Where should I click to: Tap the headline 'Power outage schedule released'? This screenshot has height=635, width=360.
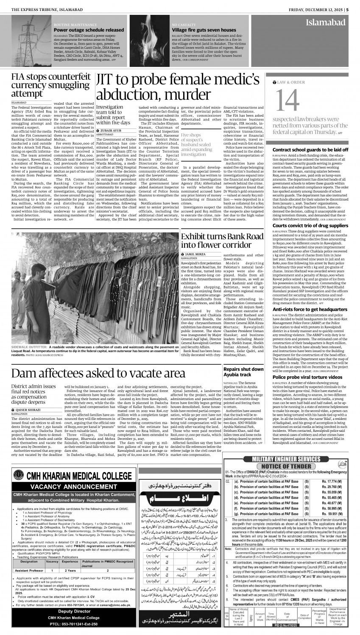[89, 31]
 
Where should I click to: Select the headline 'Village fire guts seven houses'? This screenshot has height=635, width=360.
[204, 31]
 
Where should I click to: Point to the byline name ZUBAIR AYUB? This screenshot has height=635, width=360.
[112, 130]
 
